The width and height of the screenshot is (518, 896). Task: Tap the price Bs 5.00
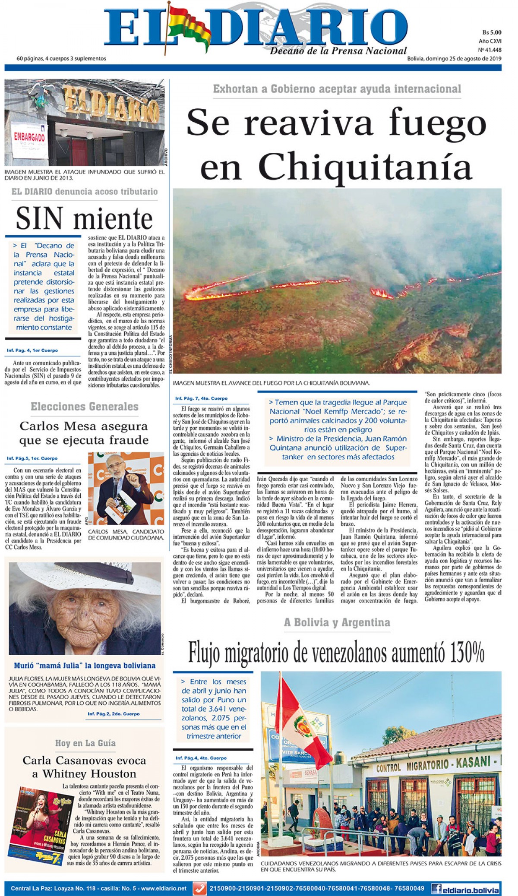(492, 32)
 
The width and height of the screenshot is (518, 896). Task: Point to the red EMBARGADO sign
(29, 138)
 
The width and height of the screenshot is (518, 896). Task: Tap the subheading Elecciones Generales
(85, 407)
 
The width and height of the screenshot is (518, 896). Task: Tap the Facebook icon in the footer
(436, 889)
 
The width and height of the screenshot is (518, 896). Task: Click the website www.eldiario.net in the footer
(164, 889)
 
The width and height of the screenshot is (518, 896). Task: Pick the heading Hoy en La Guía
(85, 743)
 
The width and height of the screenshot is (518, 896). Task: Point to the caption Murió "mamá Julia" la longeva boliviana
(85, 666)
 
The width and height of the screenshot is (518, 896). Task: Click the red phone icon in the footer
(199, 889)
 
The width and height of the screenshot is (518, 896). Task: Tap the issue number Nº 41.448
(490, 50)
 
